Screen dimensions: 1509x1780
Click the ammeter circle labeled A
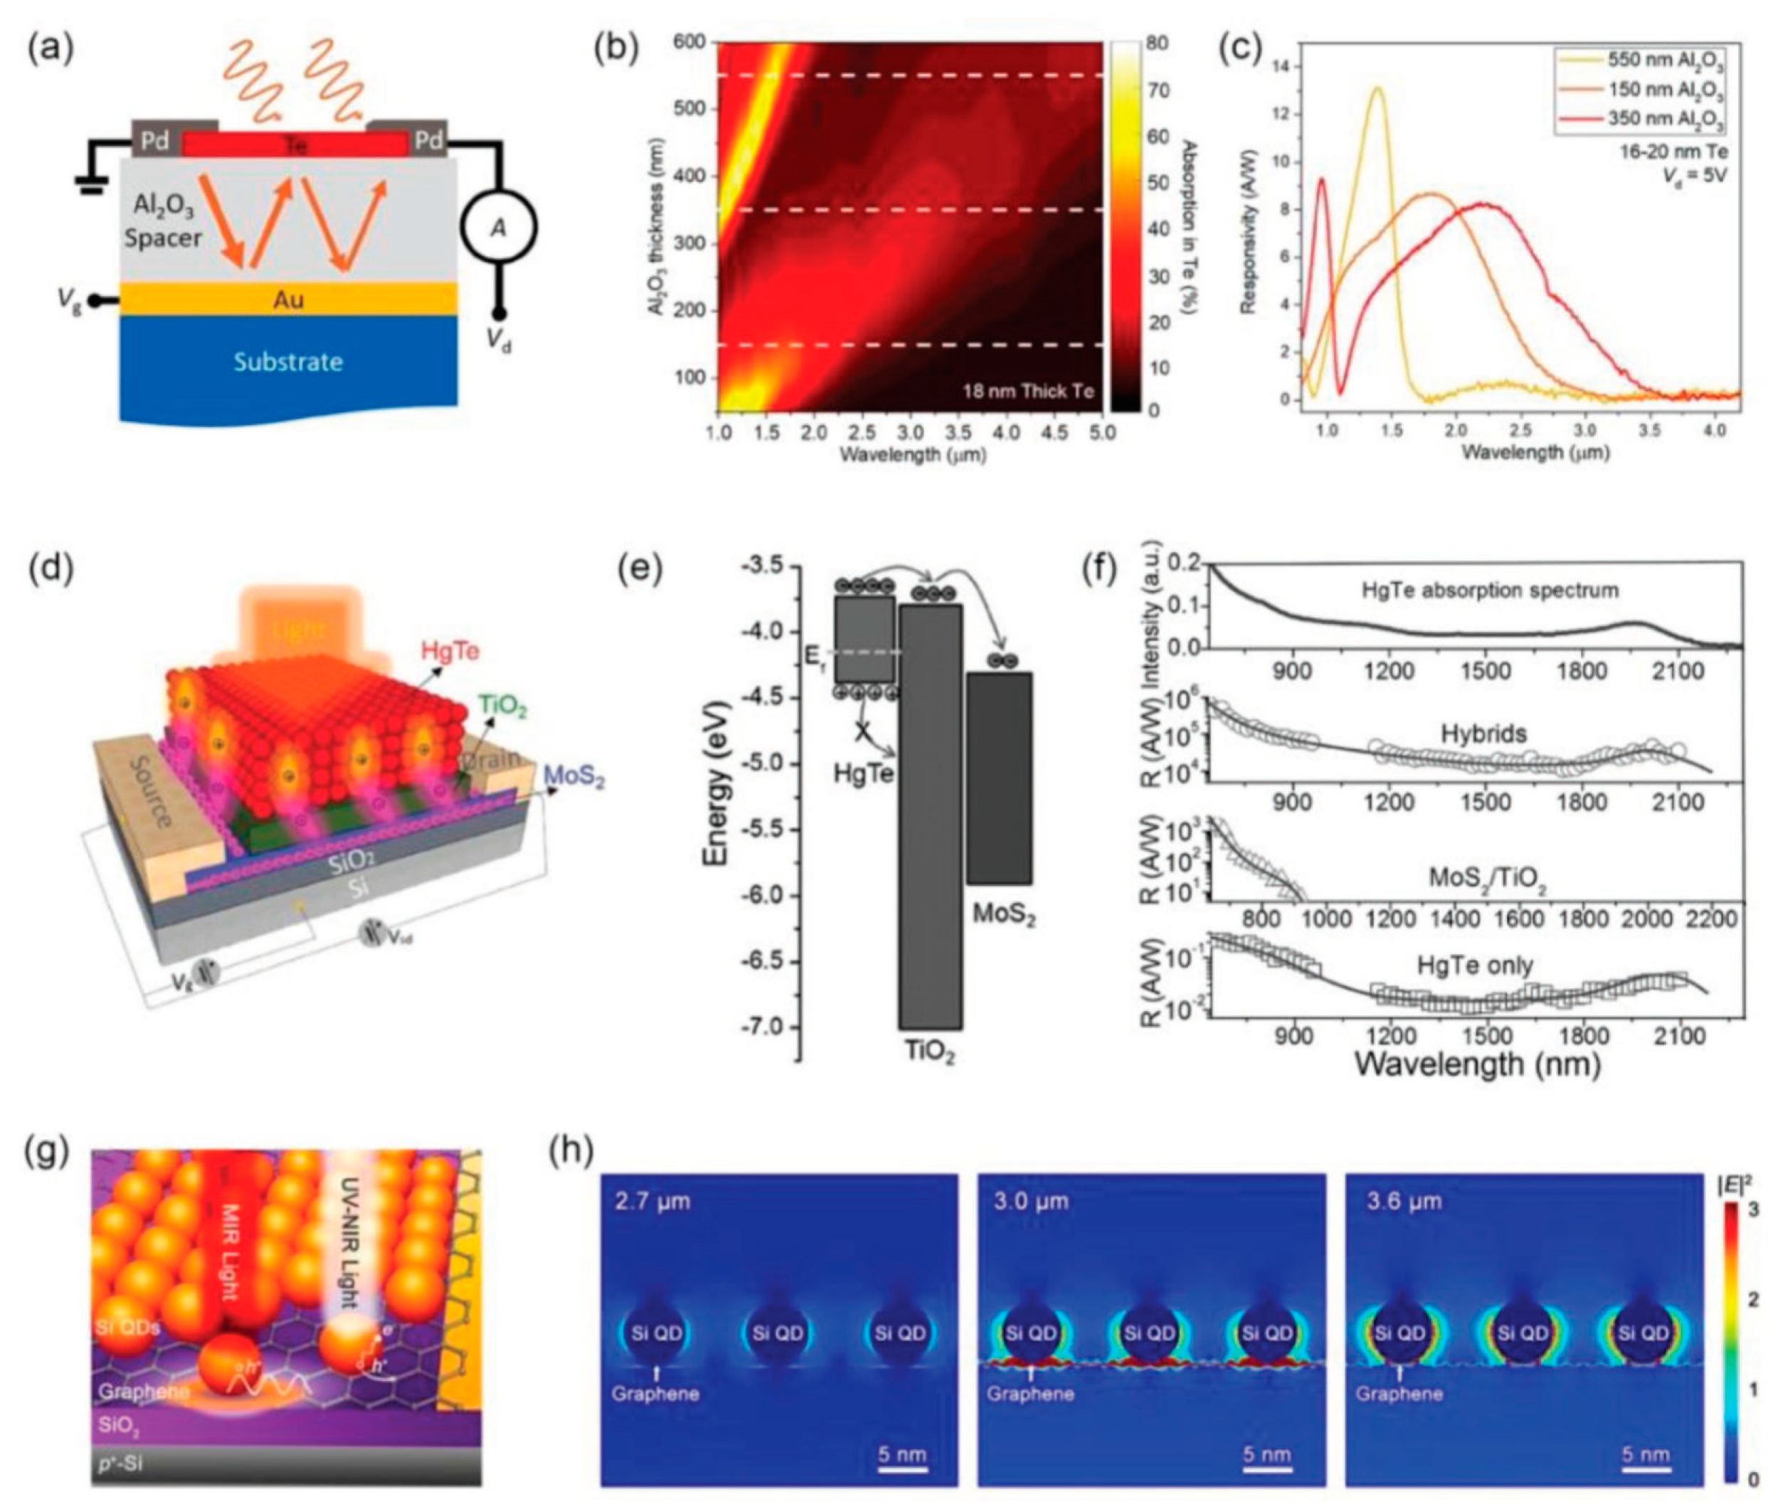(x=498, y=228)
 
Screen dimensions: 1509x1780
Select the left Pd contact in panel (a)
(x=155, y=140)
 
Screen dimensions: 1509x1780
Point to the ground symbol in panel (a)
(x=89, y=182)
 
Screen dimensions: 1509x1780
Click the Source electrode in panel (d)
(x=152, y=790)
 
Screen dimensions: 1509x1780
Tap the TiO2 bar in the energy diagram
(x=930, y=817)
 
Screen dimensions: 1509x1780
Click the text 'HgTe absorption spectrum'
(x=1489, y=591)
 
